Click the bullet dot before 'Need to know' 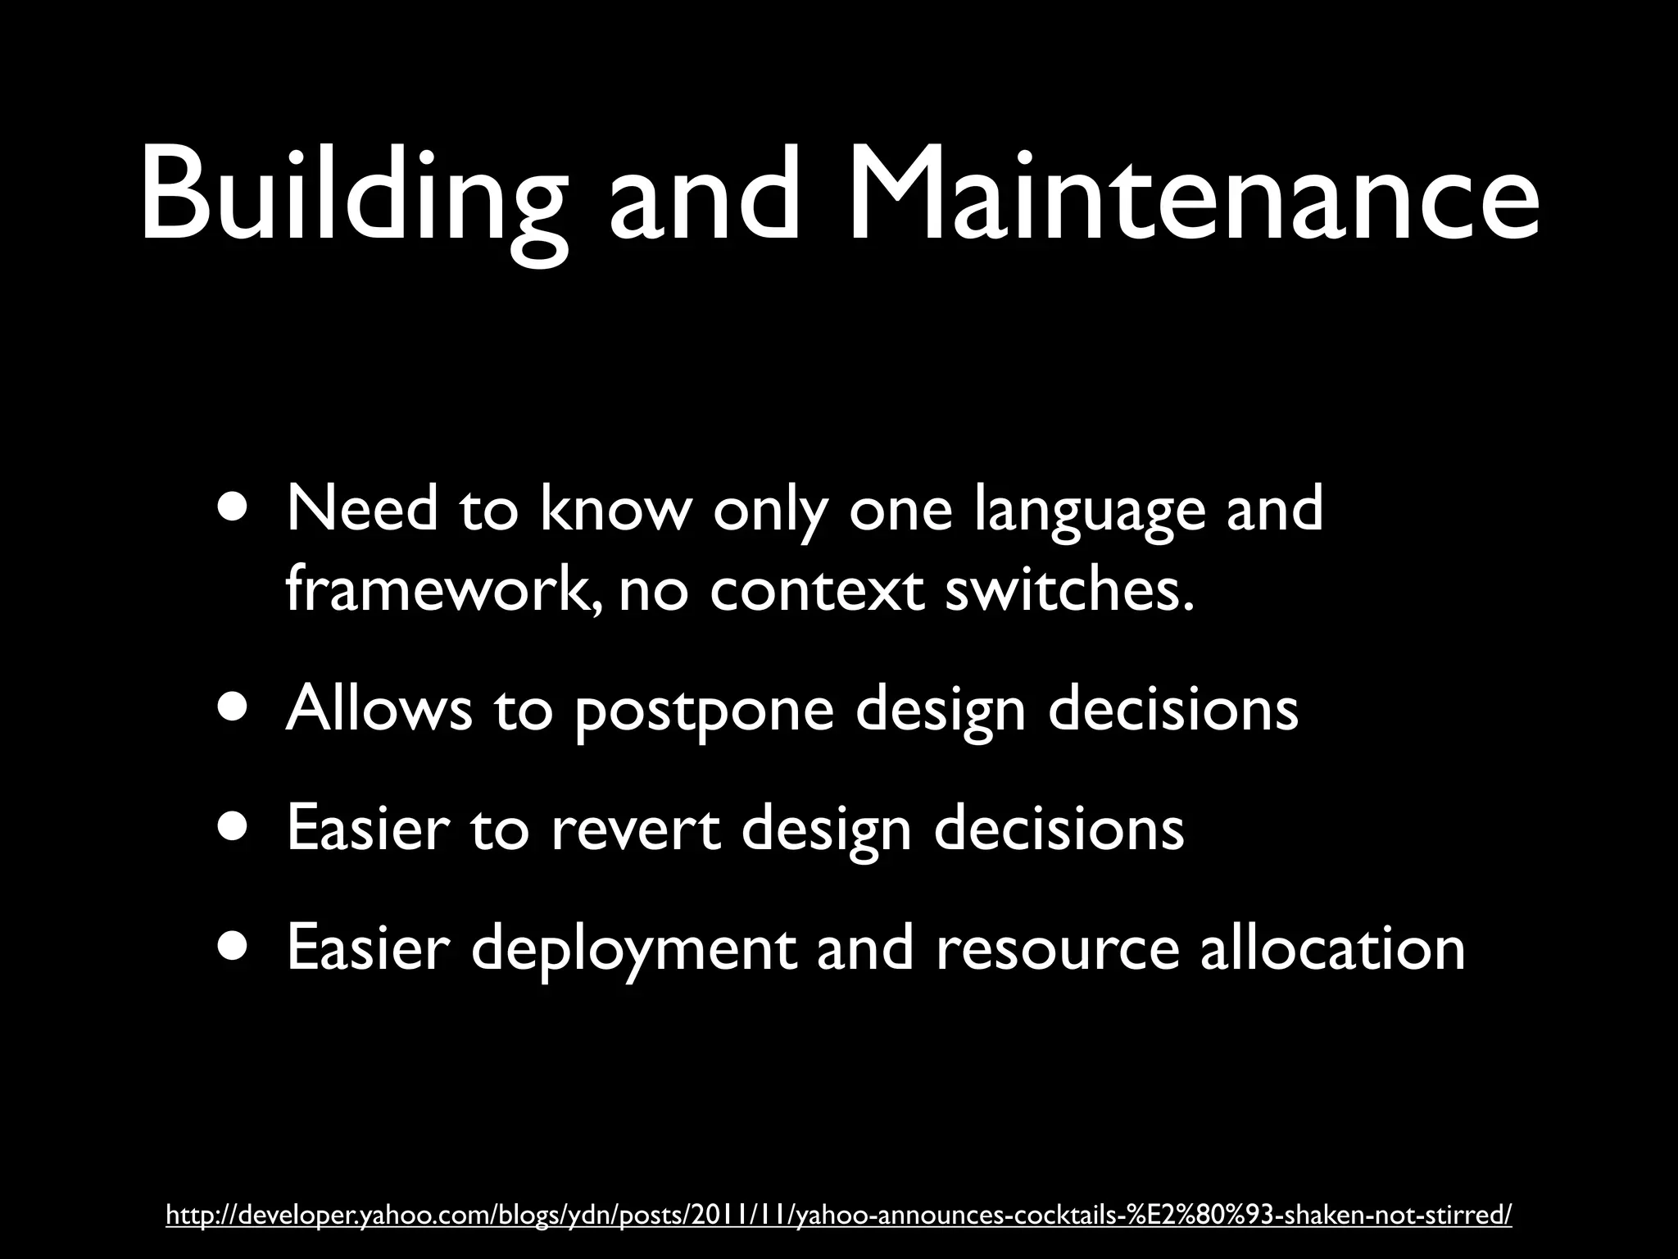[235, 507]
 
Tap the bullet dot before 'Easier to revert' [235, 828]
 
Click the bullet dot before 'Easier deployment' [235, 948]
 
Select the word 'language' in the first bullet [1090, 510]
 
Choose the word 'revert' [635, 828]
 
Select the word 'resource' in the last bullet [1057, 949]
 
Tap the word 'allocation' [1332, 948]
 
